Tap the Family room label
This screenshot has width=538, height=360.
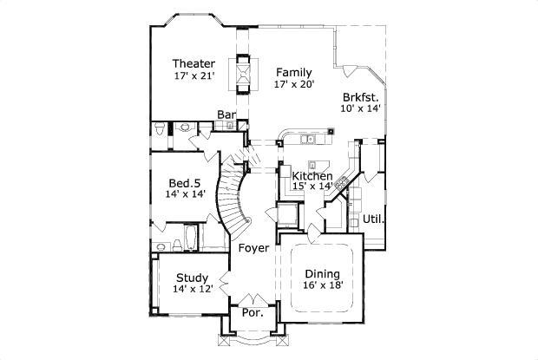pyautogui.click(x=294, y=72)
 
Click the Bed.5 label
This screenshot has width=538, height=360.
pyautogui.click(x=186, y=183)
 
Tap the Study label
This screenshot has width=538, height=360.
pyautogui.click(x=192, y=278)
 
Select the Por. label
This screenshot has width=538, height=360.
pyautogui.click(x=252, y=312)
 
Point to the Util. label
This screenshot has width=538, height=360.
pyautogui.click(x=374, y=219)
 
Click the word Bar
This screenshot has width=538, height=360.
pyautogui.click(x=226, y=115)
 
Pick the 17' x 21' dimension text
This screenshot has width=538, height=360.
pyautogui.click(x=193, y=76)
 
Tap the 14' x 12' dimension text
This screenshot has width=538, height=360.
pyautogui.click(x=192, y=289)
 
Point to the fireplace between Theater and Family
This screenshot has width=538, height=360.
pyautogui.click(x=243, y=74)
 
